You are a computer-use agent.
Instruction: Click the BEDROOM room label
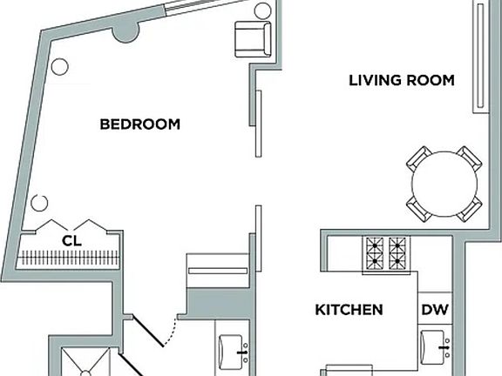[140, 124]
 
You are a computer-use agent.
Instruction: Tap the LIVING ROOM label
[402, 80]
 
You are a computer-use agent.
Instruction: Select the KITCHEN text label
[349, 310]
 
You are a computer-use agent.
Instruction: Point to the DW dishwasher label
[435, 310]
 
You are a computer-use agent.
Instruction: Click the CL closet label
[72, 241]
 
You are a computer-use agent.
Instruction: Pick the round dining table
[444, 184]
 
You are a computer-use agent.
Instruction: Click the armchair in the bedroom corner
[253, 39]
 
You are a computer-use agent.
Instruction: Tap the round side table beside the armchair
[263, 10]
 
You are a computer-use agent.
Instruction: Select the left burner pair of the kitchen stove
[374, 253]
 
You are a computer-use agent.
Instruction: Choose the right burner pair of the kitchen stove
[397, 253]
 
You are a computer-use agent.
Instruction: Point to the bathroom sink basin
[230, 352]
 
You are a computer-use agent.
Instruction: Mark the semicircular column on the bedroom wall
[125, 33]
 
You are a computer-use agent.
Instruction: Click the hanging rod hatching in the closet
[68, 258]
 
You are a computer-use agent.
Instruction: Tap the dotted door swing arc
[172, 333]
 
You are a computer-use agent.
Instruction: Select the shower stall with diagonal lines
[85, 362]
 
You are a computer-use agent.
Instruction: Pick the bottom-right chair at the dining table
[470, 209]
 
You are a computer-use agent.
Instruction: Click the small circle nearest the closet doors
[39, 203]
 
